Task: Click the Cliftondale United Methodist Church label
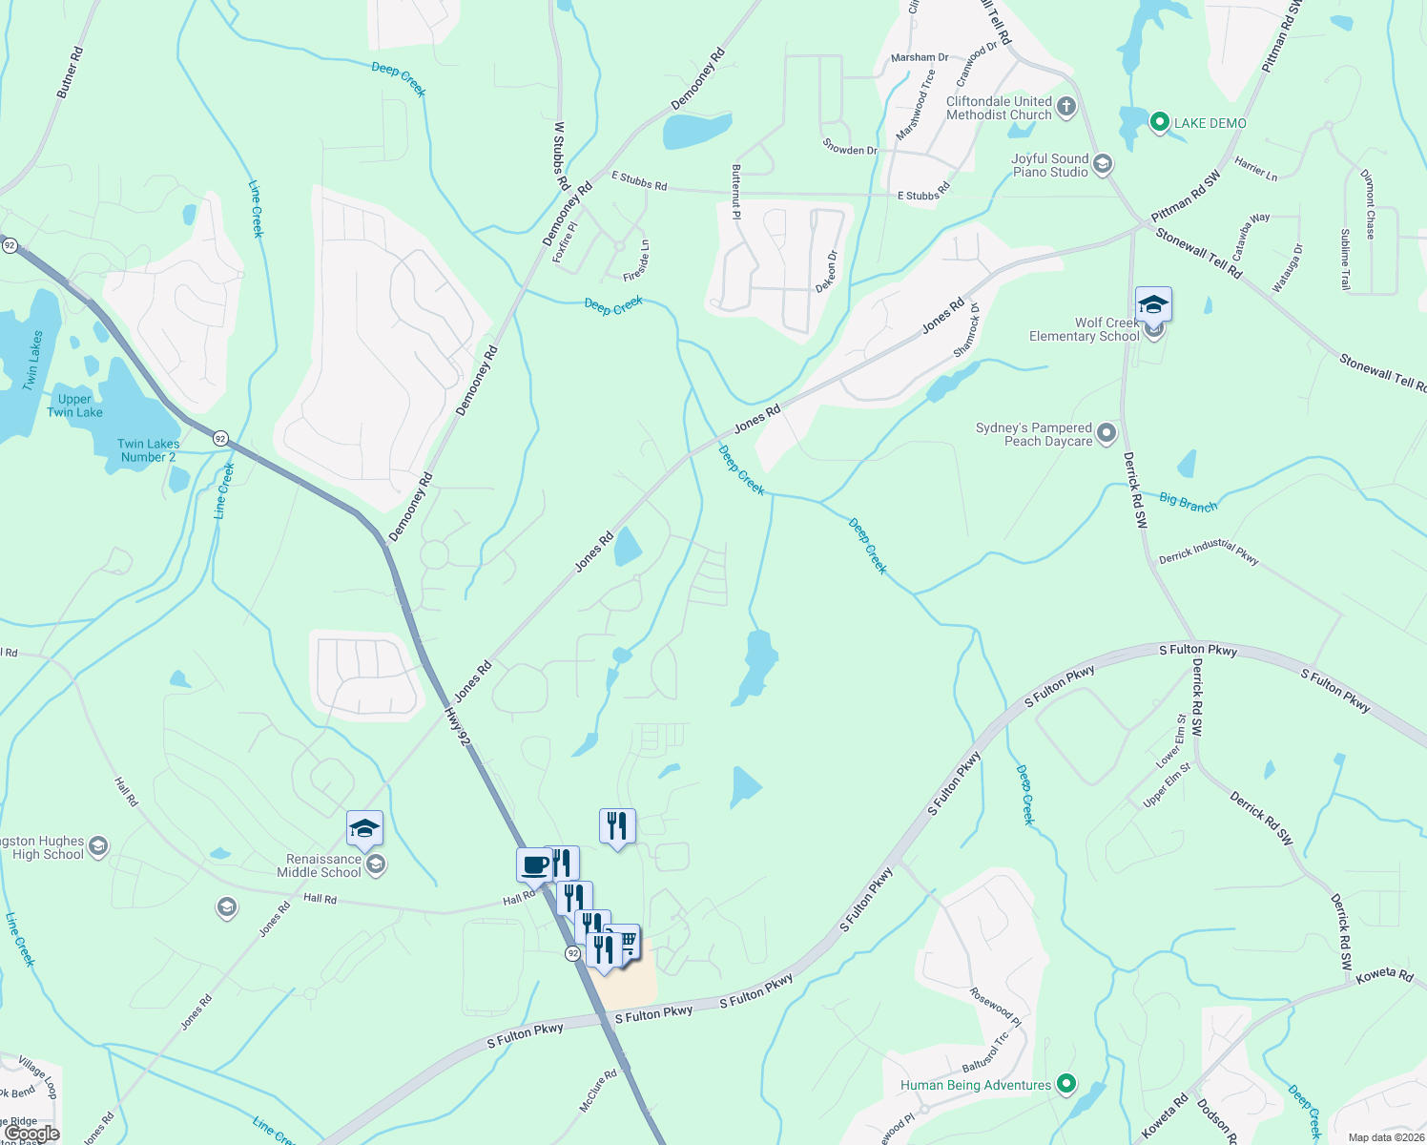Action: coord(999,108)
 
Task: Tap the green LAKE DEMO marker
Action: coord(1160,122)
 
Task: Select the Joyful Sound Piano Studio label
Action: coord(1049,165)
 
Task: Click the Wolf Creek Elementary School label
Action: coord(1085,329)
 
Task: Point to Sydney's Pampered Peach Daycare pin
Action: coord(1106,434)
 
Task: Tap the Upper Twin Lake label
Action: coord(74,406)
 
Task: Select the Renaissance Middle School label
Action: coord(319,865)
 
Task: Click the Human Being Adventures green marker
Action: coord(1067,1084)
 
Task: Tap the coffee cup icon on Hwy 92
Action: coord(535,865)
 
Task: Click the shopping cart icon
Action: coord(627,943)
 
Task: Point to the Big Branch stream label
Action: coord(1189,502)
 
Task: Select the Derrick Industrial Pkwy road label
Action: coord(1209,552)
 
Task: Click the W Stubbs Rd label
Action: coord(561,155)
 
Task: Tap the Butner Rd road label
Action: coord(70,73)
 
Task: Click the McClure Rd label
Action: coord(598,1090)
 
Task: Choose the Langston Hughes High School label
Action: coord(43,847)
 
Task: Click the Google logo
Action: coord(32,1134)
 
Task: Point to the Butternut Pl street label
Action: coord(736,191)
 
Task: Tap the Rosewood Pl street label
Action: coord(996,1007)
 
